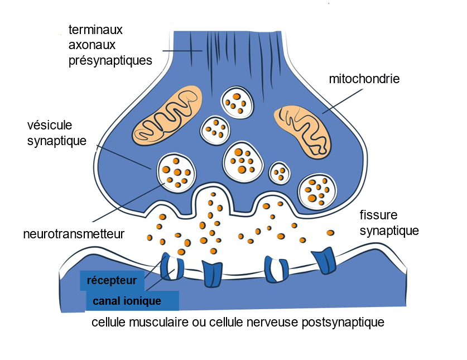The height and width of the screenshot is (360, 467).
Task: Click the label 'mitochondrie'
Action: click(x=364, y=79)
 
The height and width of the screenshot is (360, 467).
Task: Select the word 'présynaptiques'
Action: click(x=110, y=60)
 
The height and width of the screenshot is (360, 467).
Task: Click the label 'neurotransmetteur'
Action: click(x=74, y=233)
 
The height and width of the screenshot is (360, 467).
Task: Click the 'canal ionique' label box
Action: click(x=132, y=301)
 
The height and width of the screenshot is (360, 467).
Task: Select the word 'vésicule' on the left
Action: click(x=50, y=125)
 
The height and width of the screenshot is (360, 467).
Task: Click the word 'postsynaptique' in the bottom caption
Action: click(x=343, y=323)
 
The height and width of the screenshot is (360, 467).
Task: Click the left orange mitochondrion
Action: click(x=168, y=116)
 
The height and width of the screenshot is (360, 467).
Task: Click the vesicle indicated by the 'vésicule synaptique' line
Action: click(x=176, y=171)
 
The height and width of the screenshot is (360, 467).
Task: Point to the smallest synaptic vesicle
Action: click(x=280, y=172)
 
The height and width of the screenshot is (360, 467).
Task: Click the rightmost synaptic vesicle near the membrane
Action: click(x=316, y=190)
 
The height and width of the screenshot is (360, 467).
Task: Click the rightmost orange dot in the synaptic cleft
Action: click(x=330, y=232)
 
